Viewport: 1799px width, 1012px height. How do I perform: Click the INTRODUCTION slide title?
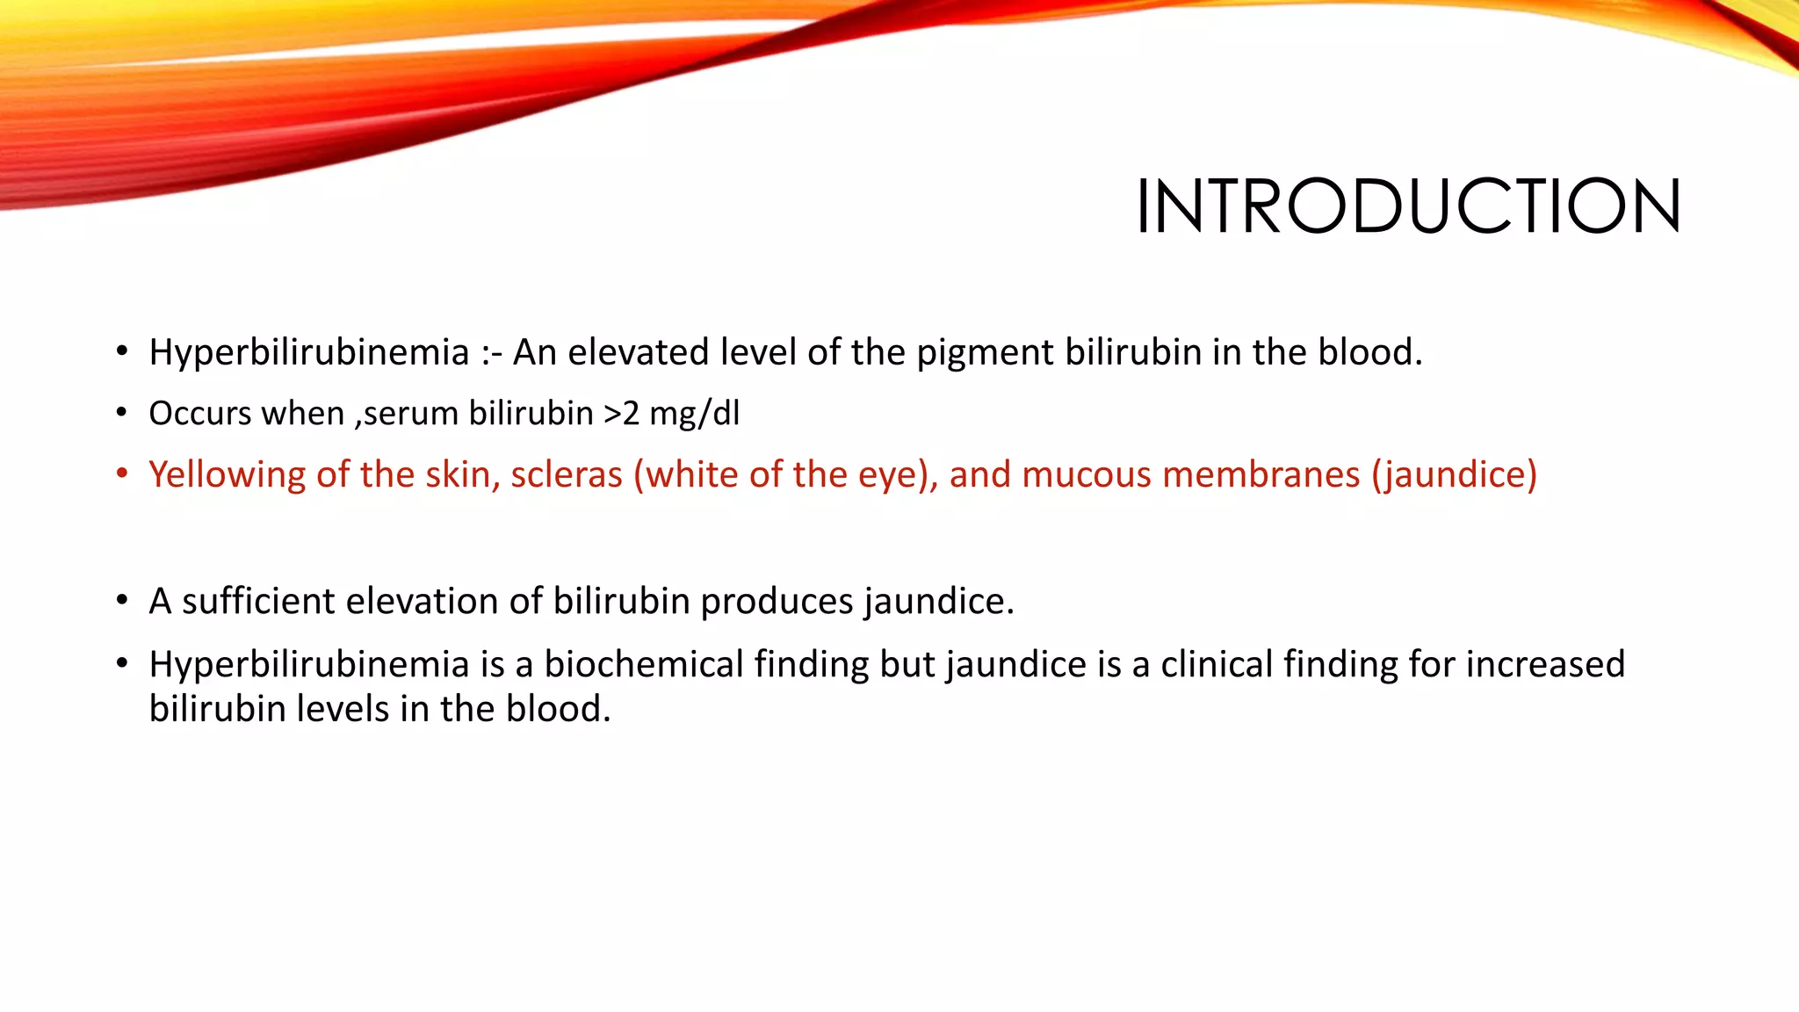(1408, 207)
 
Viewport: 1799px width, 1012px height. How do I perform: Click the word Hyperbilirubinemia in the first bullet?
(308, 353)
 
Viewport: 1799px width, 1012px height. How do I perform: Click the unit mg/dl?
(694, 414)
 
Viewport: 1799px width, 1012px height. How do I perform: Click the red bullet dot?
(122, 475)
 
